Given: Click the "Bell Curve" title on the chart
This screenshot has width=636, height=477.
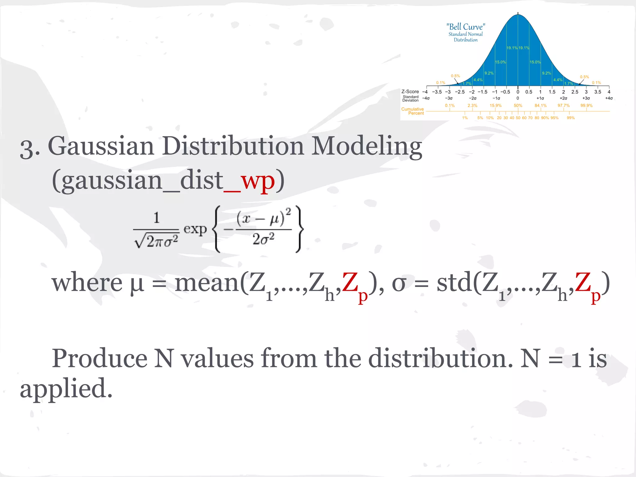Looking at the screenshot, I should tap(466, 27).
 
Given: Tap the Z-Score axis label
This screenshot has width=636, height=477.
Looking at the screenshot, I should tap(410, 92).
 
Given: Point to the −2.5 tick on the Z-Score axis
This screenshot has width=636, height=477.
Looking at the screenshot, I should tap(460, 92).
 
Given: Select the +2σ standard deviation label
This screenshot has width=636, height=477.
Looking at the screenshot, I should tap(563, 98).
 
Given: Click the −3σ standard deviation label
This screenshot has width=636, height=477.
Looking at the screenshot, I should tap(449, 98).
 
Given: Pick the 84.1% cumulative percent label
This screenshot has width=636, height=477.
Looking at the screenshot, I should tap(540, 106).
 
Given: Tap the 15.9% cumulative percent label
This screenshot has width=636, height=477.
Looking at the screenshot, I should tap(496, 106).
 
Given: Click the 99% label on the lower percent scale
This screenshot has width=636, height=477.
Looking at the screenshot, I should tap(571, 118).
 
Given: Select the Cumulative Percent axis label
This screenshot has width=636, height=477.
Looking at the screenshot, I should tap(412, 111).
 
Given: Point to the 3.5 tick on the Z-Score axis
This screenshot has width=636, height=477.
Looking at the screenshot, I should tap(598, 92).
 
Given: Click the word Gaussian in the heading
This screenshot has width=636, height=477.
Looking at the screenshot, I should tap(101, 146).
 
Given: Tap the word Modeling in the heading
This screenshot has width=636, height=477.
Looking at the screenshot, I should tap(366, 146).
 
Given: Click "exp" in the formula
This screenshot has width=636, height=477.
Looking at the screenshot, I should tap(195, 229).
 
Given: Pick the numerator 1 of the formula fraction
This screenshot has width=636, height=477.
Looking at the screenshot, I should tap(157, 218).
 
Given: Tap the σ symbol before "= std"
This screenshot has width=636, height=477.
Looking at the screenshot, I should tap(399, 283).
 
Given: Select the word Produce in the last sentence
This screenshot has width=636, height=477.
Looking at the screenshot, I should tap(99, 358).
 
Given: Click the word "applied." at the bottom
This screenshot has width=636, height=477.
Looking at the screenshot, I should tap(66, 389).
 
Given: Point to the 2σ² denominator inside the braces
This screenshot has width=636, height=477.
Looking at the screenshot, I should tap(263, 239).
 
